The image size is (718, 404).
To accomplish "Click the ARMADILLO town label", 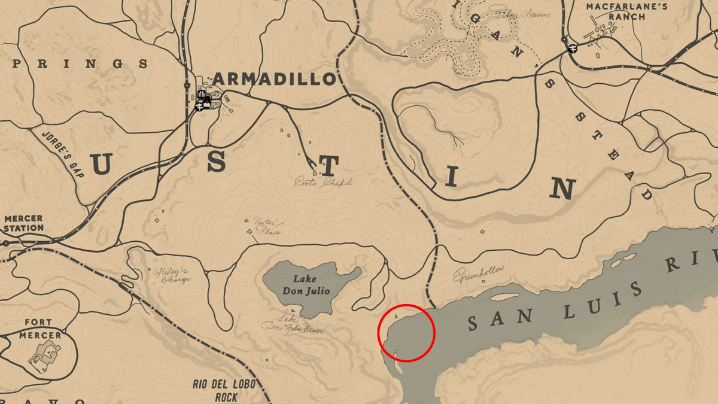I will pos(273,78).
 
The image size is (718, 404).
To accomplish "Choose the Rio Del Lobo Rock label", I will pos(217,390).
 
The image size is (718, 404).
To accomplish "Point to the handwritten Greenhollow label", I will pos(478,274).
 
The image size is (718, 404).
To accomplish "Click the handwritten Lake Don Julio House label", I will pos(293,324).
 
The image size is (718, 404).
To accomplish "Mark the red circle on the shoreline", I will pos(406,333).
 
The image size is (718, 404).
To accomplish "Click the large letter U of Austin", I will pos(100,164).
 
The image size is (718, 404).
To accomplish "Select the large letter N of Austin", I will pos(563,189).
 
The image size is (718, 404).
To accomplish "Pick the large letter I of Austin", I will pos(451,177).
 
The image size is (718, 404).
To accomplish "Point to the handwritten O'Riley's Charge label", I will pos(172,275).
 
